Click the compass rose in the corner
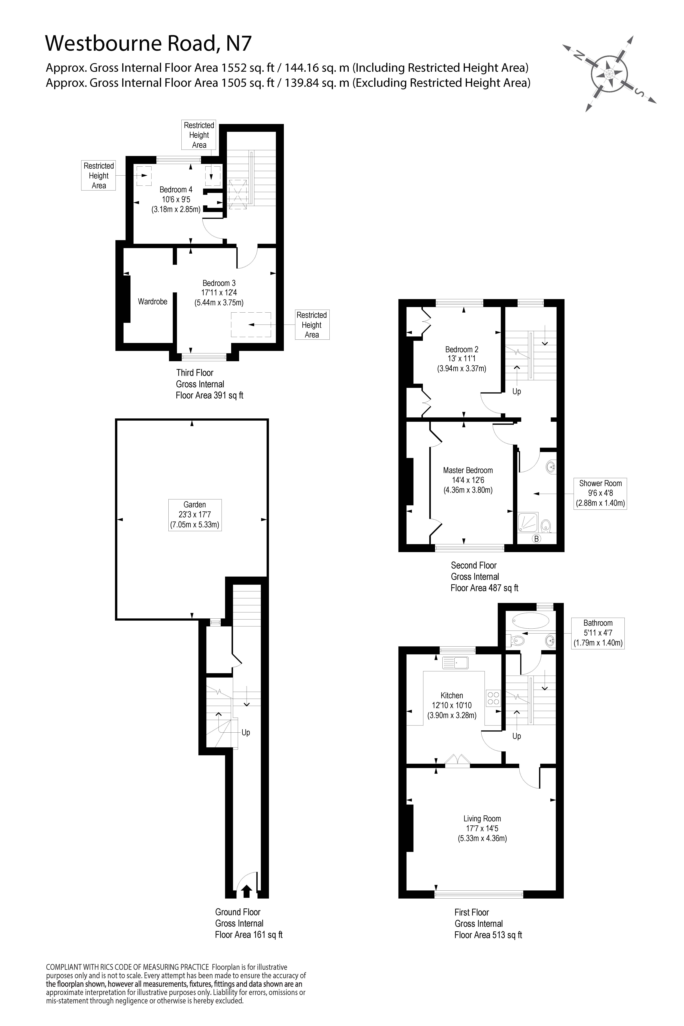pos(609,73)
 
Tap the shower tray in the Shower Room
pos(528,522)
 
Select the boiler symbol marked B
pos(537,539)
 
